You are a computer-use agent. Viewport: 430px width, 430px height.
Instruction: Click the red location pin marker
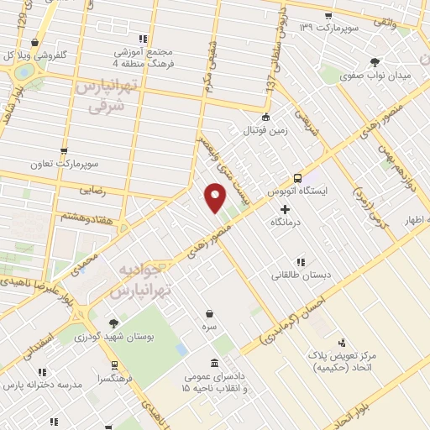[216, 198]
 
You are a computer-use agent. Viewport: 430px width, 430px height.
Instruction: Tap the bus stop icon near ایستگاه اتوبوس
[298, 178]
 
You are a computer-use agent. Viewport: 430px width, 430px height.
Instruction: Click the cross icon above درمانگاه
[286, 208]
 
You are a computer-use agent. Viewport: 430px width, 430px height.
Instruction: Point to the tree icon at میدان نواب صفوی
[375, 61]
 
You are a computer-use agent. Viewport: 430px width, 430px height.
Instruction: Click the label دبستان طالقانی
[301, 275]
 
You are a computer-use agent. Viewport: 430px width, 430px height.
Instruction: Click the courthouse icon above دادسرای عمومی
[213, 363]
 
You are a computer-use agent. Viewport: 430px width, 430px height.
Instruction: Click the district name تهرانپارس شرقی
[106, 96]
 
